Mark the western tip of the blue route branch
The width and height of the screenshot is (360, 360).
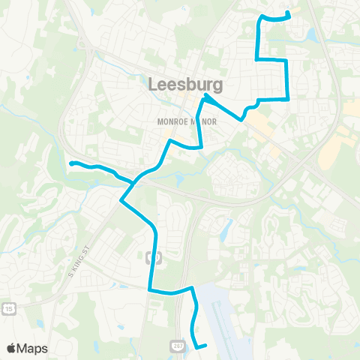point(70,163)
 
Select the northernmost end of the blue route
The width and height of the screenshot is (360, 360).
point(289,13)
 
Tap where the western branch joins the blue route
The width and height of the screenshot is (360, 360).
point(133,182)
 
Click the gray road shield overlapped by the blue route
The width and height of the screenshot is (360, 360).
point(156,257)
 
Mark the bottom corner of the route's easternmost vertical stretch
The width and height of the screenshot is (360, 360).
point(288,98)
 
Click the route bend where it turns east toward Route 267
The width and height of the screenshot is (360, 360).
point(151,289)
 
